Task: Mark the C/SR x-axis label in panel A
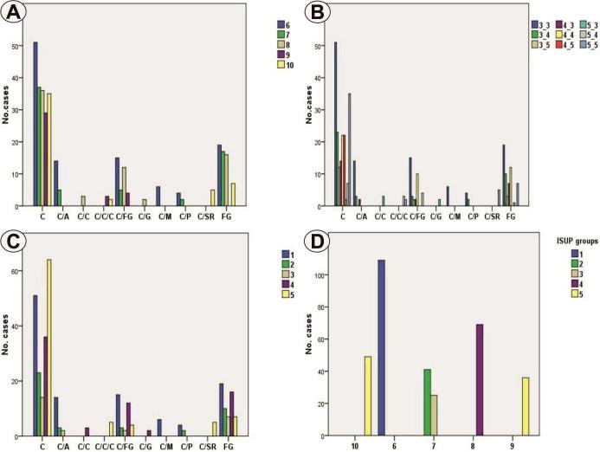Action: pos(206,216)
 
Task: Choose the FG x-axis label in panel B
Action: pos(511,216)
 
